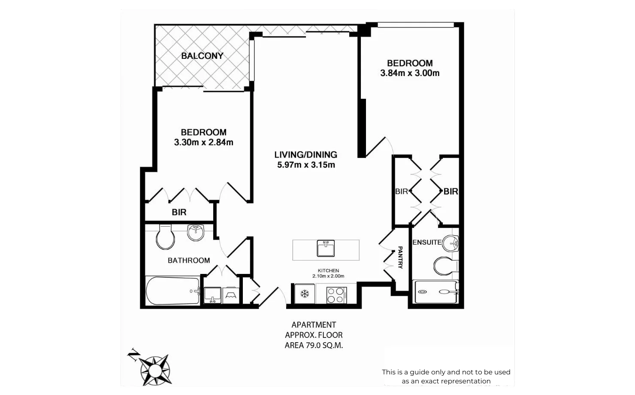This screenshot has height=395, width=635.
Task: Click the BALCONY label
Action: (202, 56)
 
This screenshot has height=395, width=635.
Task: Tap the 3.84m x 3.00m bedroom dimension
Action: (410, 73)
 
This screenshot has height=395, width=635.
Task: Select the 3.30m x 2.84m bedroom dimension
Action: (204, 143)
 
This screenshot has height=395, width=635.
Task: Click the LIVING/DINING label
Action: (306, 155)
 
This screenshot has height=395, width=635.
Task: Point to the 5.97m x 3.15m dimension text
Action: (306, 165)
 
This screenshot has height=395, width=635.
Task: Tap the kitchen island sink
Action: (326, 249)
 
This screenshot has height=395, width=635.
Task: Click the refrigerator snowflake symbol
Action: (305, 294)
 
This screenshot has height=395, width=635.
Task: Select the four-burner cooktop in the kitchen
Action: (336, 295)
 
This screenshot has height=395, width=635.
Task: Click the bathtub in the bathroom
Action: (172, 291)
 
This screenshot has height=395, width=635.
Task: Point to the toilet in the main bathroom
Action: (165, 237)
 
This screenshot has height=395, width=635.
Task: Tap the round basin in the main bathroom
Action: (196, 232)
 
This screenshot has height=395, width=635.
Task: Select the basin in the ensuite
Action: (451, 243)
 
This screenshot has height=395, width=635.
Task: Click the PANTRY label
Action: (400, 258)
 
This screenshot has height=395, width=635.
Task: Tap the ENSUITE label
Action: (426, 242)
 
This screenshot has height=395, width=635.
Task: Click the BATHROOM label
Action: (189, 260)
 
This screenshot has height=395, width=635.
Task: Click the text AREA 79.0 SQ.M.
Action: (314, 345)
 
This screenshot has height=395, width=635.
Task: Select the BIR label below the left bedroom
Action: (179, 212)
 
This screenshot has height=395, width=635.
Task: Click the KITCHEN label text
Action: (328, 270)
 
